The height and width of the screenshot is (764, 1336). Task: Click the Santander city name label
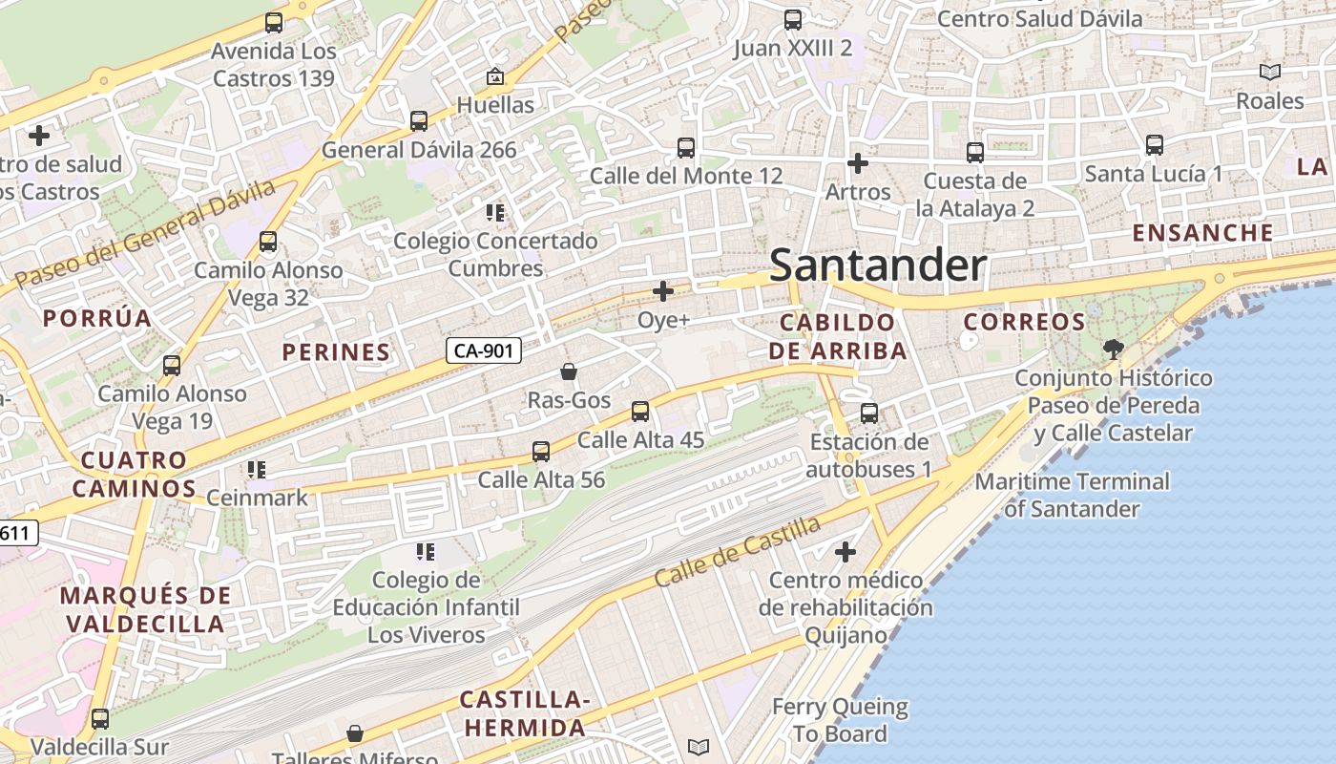click(x=877, y=265)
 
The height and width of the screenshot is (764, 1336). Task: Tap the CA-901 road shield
click(x=484, y=350)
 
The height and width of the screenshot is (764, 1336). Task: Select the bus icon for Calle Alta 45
click(x=639, y=412)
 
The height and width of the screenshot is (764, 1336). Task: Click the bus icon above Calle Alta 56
click(x=541, y=452)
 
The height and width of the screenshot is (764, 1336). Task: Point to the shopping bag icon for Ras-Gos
click(x=569, y=371)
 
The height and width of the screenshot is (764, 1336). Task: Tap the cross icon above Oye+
click(x=662, y=291)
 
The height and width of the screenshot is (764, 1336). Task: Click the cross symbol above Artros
click(x=858, y=163)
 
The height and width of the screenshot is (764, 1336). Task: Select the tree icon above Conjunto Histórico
click(x=1113, y=349)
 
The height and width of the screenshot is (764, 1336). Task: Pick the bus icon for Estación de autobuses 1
click(x=868, y=414)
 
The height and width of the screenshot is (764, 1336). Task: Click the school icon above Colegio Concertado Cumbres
click(x=494, y=212)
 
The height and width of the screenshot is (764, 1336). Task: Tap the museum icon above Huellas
click(x=494, y=76)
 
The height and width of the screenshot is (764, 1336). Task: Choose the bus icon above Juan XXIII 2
click(x=792, y=19)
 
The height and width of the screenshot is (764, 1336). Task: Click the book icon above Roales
click(x=1269, y=72)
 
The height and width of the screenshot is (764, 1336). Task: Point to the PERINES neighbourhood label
click(x=336, y=352)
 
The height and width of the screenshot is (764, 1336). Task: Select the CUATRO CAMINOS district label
click(x=134, y=475)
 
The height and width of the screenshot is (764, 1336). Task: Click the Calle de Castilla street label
click(x=737, y=553)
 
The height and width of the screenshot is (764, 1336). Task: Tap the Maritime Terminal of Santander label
click(x=1072, y=495)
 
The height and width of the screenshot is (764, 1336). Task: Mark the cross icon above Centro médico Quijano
click(x=845, y=552)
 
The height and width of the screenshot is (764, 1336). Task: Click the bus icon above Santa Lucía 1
click(x=1154, y=145)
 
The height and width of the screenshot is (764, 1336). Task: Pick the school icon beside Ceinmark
click(x=256, y=469)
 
